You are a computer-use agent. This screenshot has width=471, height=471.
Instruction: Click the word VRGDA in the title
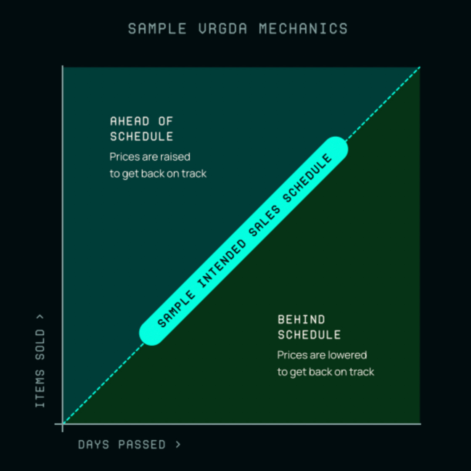click(x=222, y=29)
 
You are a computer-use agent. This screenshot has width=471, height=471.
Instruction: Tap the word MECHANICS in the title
click(x=303, y=29)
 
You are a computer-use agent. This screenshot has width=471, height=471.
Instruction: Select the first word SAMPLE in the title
click(x=157, y=29)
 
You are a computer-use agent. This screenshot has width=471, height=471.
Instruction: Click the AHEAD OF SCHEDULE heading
click(x=141, y=129)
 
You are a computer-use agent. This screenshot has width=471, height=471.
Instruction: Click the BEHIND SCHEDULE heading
click(x=309, y=327)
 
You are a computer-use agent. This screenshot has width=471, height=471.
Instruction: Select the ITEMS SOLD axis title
click(x=40, y=368)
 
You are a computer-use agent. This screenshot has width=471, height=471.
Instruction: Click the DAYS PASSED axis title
click(x=122, y=445)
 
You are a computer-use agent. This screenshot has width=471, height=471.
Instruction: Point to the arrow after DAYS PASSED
click(x=178, y=444)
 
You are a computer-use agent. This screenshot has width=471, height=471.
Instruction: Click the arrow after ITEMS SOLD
click(x=40, y=317)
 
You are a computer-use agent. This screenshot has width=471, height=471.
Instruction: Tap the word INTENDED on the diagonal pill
click(x=222, y=264)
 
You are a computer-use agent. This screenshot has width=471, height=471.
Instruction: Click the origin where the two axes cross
click(x=63, y=423)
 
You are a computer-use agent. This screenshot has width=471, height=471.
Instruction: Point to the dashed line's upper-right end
click(x=419, y=67)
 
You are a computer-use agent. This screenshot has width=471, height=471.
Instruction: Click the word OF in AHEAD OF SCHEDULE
click(x=165, y=121)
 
